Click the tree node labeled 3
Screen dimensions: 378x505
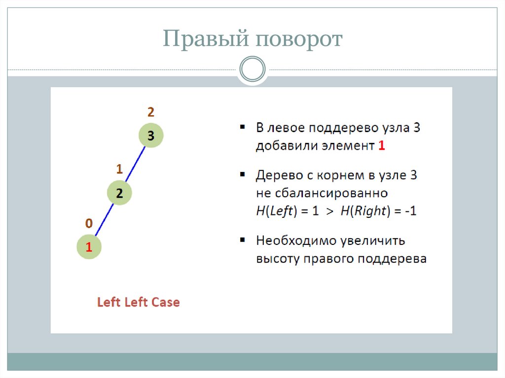150,136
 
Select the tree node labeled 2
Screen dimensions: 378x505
119,193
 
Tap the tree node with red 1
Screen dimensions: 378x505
89,247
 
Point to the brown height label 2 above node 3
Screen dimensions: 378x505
150,112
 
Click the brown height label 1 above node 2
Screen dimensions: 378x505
119,169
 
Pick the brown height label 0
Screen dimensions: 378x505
89,223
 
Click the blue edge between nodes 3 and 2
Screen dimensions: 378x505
135,164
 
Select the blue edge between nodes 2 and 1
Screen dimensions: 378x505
104,220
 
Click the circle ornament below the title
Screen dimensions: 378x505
252,69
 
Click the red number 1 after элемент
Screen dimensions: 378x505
381,146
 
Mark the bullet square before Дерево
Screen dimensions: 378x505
243,174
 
